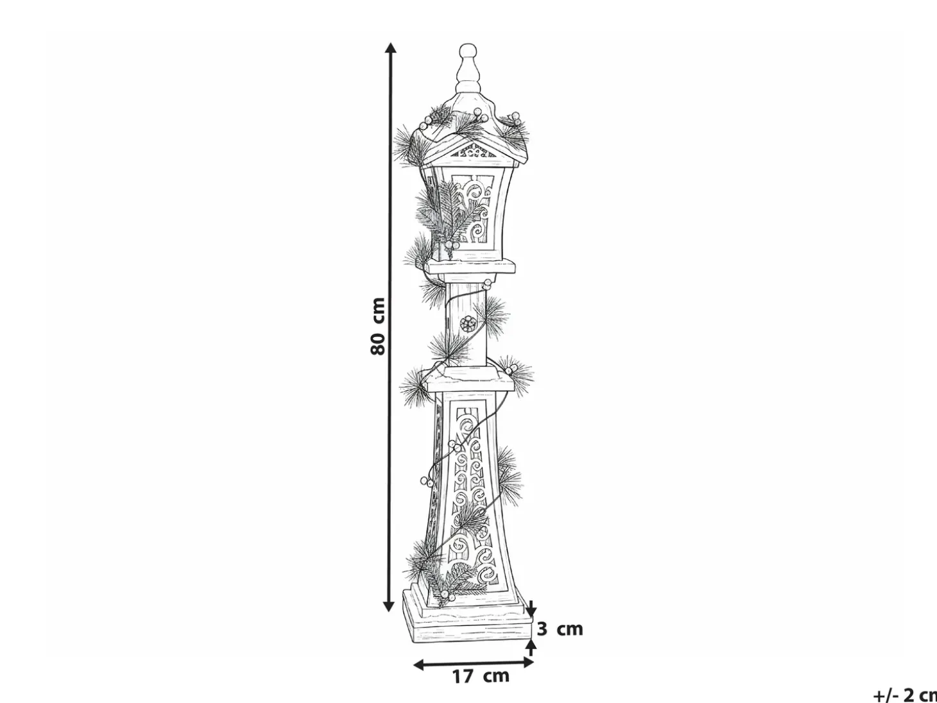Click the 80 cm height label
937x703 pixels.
tap(378, 327)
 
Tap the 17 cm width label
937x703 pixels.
tap(481, 676)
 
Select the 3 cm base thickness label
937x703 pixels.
tap(560, 629)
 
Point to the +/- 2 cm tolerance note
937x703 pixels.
tap(905, 695)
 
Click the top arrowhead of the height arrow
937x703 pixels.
tap(390, 48)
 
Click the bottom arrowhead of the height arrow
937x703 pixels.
tap(388, 605)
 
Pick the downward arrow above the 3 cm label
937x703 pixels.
tap(531, 608)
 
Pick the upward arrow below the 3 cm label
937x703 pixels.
tap(531, 647)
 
